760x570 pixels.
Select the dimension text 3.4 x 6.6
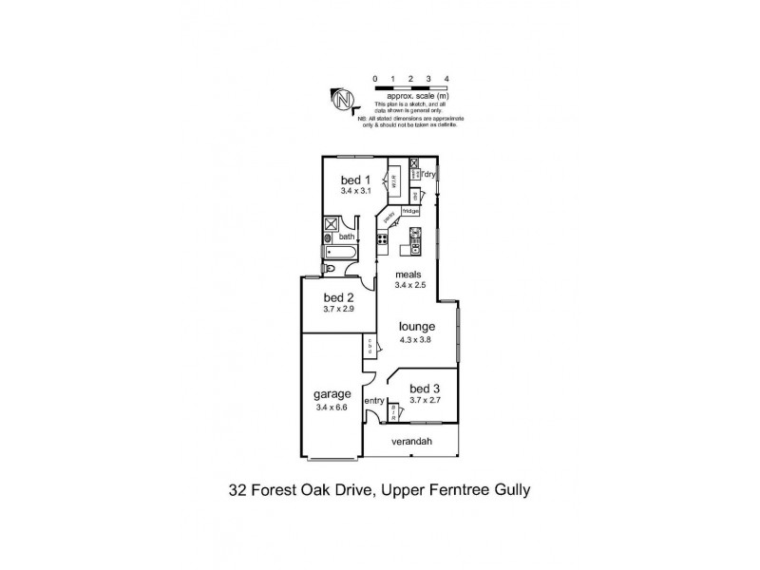[333, 408]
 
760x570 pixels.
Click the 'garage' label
[332, 394]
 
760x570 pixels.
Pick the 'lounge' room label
[417, 326]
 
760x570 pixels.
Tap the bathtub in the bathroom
[339, 253]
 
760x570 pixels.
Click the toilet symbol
[330, 270]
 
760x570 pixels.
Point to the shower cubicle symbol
[332, 225]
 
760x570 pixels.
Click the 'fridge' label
[410, 211]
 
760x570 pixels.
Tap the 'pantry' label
[389, 218]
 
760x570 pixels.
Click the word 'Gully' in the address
[509, 491]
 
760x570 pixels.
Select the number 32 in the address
[239, 491]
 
